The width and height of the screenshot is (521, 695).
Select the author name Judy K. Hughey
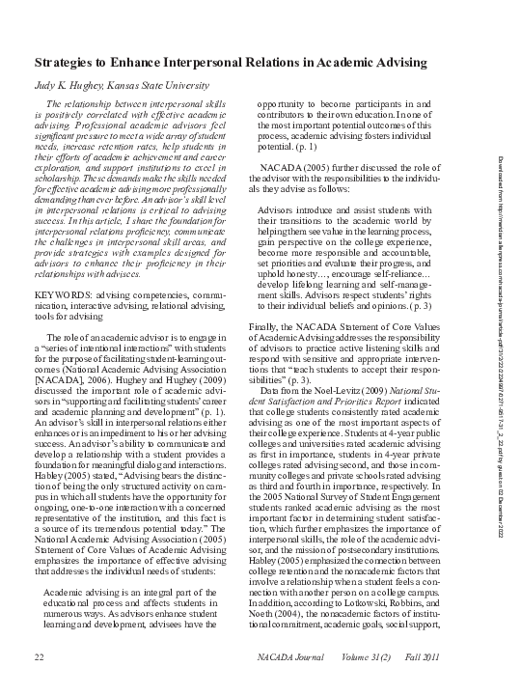68,85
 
